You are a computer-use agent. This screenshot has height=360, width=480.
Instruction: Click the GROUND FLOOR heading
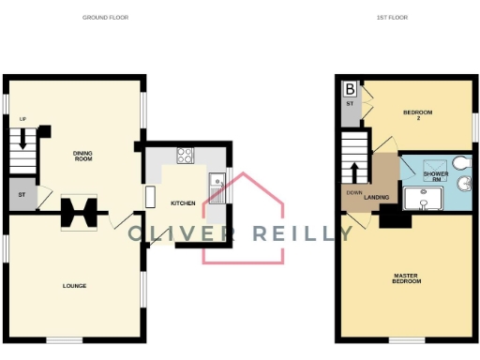(105, 17)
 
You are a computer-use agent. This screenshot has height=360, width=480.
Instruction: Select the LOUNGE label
(75, 285)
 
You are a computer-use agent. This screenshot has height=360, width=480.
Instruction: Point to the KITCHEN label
(183, 202)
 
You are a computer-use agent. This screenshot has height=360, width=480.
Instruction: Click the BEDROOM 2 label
(417, 115)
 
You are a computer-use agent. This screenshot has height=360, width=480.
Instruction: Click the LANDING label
(377, 197)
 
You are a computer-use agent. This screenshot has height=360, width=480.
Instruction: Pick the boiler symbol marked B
(349, 89)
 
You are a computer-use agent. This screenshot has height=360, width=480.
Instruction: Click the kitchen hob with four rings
(184, 157)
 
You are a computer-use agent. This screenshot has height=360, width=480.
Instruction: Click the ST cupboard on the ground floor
(21, 196)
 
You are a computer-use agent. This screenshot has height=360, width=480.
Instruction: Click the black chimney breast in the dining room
(78, 212)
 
